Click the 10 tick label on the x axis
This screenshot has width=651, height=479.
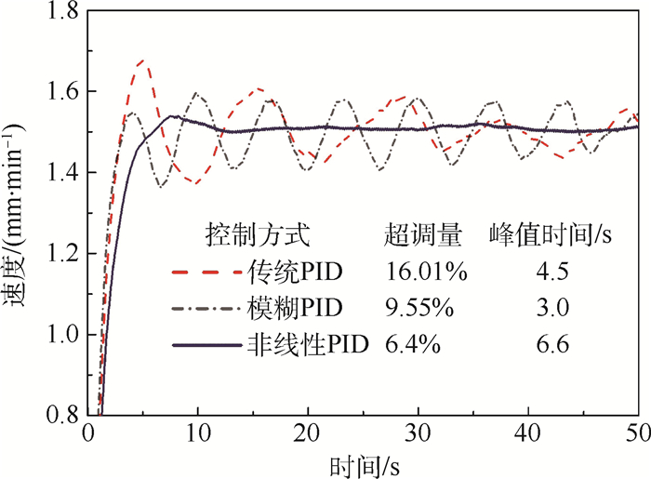click(x=196, y=434)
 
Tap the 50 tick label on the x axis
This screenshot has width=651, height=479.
click(x=637, y=434)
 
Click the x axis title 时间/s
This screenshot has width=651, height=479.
click(x=364, y=463)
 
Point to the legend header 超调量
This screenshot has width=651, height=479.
click(x=423, y=234)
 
